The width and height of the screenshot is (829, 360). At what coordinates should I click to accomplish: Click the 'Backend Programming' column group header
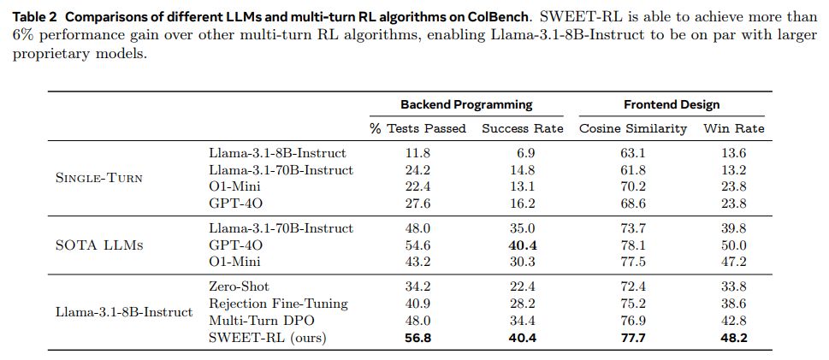[466, 104]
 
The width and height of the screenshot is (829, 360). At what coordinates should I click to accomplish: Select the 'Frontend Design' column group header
[672, 104]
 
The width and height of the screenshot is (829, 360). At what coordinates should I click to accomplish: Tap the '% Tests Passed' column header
[417, 128]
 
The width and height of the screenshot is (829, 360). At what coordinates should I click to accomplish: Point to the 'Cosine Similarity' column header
[633, 128]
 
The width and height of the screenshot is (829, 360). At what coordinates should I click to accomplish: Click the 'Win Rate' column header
[733, 128]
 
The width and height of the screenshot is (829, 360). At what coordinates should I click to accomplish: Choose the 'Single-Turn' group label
[98, 178]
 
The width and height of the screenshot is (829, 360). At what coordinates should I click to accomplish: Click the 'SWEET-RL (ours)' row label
[268, 338]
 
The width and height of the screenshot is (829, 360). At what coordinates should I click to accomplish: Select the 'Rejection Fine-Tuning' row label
[278, 304]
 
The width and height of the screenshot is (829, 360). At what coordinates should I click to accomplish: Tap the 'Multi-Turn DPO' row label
[261, 321]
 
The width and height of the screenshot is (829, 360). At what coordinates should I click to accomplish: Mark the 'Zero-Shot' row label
[239, 286]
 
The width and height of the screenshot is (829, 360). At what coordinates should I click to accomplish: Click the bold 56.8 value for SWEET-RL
[417, 338]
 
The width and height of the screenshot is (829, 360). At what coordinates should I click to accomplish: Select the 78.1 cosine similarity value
[632, 245]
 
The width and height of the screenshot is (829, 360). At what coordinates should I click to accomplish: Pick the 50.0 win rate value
[733, 245]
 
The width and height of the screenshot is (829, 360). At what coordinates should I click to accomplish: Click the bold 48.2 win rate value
[733, 338]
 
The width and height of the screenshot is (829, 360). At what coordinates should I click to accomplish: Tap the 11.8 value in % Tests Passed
[417, 153]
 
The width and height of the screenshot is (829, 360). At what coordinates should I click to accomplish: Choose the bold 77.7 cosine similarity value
[632, 338]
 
